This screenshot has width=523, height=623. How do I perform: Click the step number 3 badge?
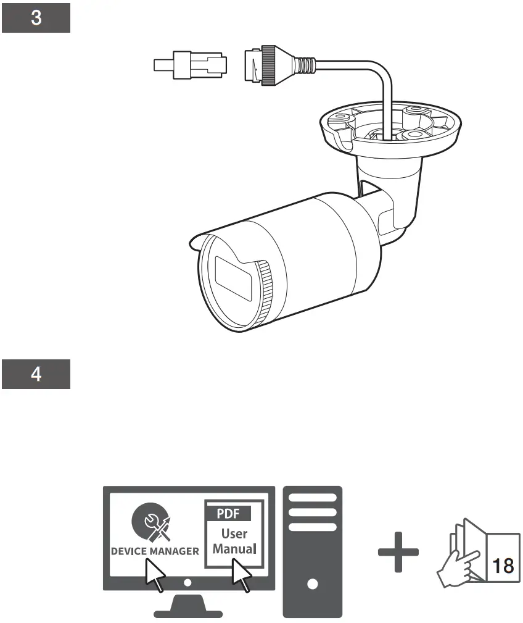(x=36, y=18)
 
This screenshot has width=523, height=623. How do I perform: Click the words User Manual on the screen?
(x=234, y=540)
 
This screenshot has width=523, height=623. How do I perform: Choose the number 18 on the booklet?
(x=503, y=566)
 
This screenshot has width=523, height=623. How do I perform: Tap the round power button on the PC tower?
(x=312, y=583)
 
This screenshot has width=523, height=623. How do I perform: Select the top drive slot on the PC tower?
(x=312, y=497)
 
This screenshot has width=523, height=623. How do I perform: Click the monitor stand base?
(x=188, y=612)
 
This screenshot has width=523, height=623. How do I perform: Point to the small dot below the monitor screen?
(x=188, y=582)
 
